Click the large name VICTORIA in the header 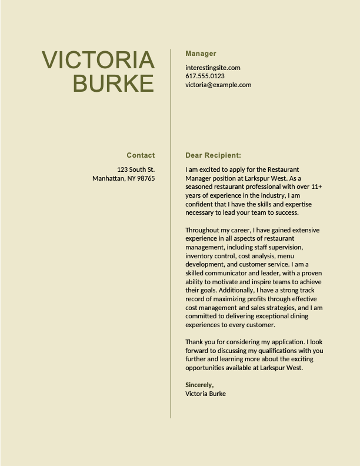click(x=98, y=60)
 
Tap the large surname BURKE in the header click(x=114, y=84)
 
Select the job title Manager click(x=201, y=54)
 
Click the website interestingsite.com click(x=212, y=68)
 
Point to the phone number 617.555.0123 click(x=205, y=76)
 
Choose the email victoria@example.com click(x=218, y=85)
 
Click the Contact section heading click(x=141, y=155)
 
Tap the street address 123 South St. click(x=136, y=169)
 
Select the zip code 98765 click(x=146, y=178)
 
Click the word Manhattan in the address click(x=108, y=178)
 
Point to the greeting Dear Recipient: click(x=213, y=155)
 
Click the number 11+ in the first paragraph click(x=316, y=187)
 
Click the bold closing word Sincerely click(x=199, y=385)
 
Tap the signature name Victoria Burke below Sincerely click(x=205, y=394)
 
